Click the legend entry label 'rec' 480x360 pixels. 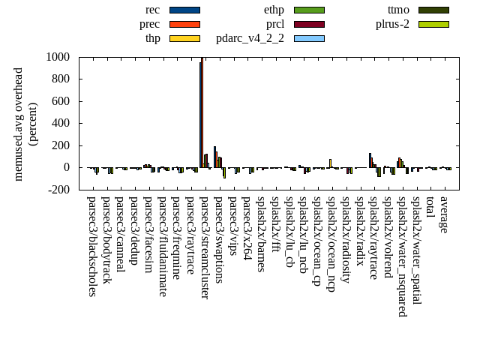coord(153,10)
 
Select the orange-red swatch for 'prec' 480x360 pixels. coord(184,24)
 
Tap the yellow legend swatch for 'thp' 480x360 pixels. coord(184,38)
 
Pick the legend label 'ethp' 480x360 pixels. coord(274,10)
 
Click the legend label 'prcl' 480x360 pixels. coord(275,24)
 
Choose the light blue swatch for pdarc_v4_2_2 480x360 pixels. coord(309,38)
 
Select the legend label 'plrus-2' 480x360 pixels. coord(392,24)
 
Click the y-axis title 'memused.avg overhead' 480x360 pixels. coord(19,124)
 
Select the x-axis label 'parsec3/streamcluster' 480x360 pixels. coord(205,247)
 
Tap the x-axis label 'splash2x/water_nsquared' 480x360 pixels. coord(402,256)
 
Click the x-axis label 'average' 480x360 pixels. coord(444,214)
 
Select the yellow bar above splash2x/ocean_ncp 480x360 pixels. coord(330,163)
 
